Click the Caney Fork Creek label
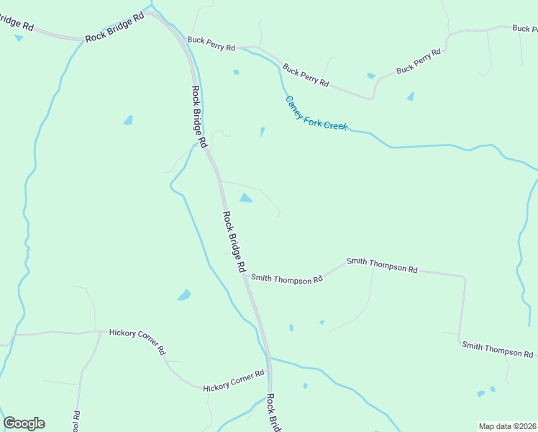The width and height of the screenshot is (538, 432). point(316,113)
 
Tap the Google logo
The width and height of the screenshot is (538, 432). point(24,423)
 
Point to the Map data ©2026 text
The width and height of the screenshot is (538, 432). point(507,426)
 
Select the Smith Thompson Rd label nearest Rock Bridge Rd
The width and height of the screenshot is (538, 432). point(286,279)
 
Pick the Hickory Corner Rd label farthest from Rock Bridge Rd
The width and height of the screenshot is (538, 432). point(137,342)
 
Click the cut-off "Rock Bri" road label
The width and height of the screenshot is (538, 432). point(273,413)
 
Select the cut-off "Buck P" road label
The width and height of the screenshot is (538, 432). point(524,29)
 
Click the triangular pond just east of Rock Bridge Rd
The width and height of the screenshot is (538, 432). point(246,198)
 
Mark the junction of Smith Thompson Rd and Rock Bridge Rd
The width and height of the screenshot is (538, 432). point(243,276)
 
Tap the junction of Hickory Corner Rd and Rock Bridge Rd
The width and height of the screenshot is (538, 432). point(268,356)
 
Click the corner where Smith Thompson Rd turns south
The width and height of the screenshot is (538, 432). point(465,277)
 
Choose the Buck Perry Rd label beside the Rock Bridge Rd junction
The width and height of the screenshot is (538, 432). point(211,44)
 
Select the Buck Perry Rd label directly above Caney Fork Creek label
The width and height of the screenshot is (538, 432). point(306,76)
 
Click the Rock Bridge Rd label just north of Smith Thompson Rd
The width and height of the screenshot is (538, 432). point(234,241)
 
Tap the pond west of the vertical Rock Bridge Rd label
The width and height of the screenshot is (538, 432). point(128,120)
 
